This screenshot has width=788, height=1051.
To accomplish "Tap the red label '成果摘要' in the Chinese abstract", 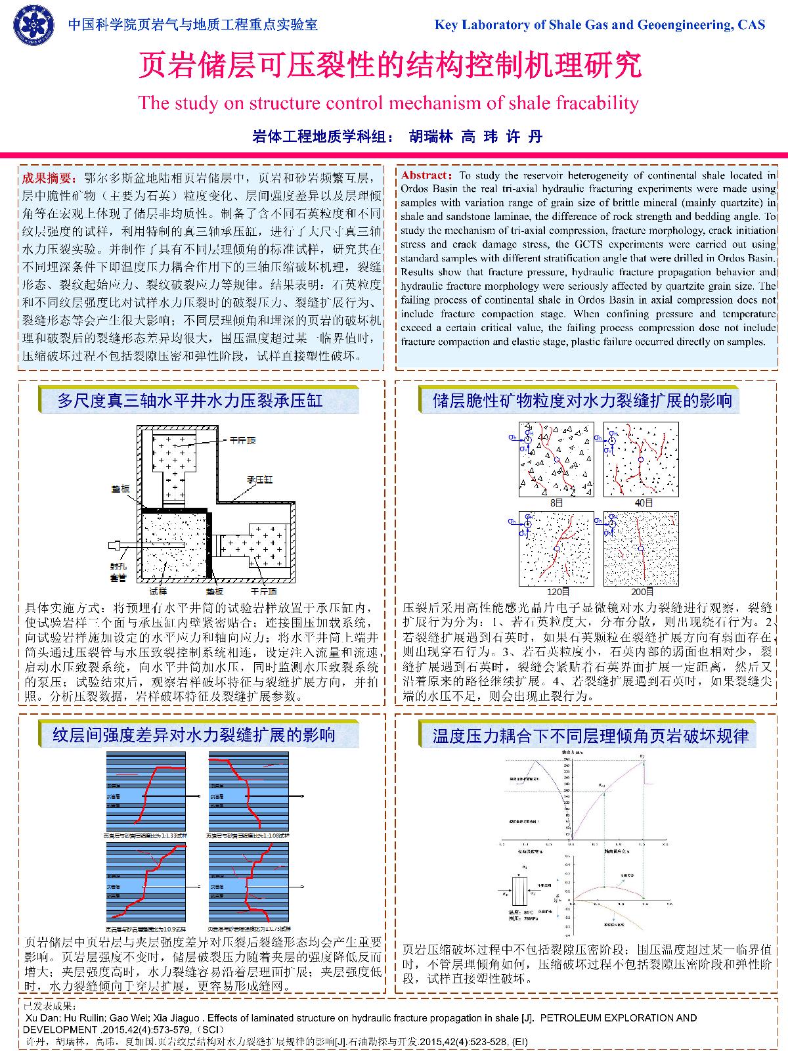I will pyautogui.click(x=49, y=178).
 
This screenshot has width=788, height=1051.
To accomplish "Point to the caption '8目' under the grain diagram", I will pyautogui.click(x=556, y=503).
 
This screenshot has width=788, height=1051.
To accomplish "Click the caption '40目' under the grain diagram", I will pyautogui.click(x=643, y=503).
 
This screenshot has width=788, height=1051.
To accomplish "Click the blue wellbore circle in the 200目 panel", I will pyautogui.click(x=640, y=549).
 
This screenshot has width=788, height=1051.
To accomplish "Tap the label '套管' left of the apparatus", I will pyautogui.click(x=118, y=578).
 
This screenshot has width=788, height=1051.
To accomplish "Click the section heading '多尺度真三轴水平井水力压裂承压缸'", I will pyautogui.click(x=190, y=401).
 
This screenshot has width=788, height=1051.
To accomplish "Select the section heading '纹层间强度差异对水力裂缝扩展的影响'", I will pyautogui.click(x=194, y=735).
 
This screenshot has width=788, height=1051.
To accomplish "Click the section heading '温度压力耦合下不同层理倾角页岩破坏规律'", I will pyautogui.click(x=590, y=736).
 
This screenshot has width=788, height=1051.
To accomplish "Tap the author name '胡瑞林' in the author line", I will pyautogui.click(x=431, y=137).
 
